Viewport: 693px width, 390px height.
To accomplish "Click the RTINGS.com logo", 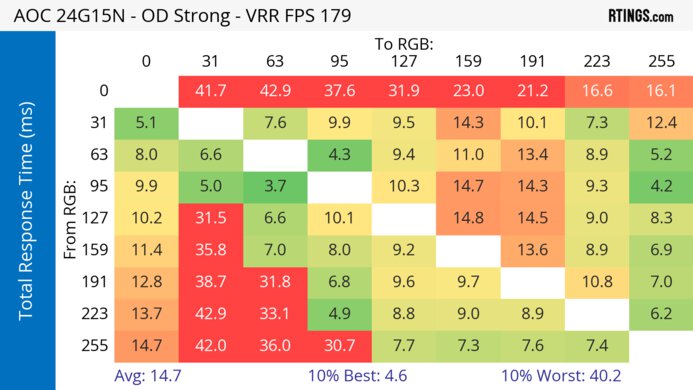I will [x=639, y=17].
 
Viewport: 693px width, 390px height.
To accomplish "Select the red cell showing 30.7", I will [x=339, y=345].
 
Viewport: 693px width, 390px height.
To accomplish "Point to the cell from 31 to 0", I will [x=146, y=123].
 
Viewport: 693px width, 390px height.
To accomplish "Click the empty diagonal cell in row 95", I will [x=339, y=186].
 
